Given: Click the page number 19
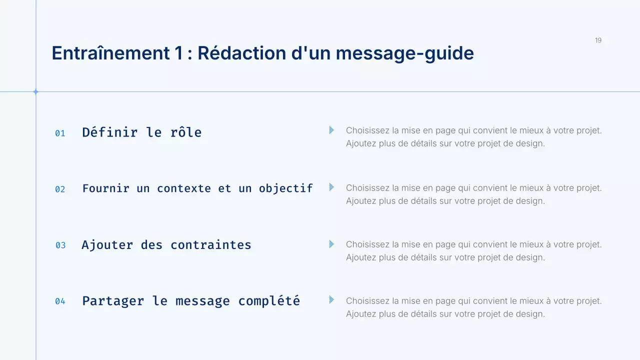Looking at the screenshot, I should [598, 40].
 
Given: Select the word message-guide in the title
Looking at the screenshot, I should [404, 53].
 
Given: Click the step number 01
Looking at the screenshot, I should [60, 133].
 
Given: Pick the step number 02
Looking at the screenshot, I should [60, 189].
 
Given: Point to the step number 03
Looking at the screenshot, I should [60, 245].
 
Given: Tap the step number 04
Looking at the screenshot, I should [60, 301].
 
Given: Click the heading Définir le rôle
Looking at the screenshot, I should [142, 132].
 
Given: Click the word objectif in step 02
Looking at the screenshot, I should [285, 188].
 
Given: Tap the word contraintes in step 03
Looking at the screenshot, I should [211, 245].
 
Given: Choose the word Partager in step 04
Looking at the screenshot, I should [112, 301].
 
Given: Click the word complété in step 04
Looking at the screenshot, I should [269, 301].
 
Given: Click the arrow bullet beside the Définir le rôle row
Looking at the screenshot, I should [331, 130].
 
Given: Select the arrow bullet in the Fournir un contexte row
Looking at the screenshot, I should [331, 187].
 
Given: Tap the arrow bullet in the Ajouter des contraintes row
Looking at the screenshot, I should [331, 244].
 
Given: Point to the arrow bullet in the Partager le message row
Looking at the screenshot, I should [331, 300].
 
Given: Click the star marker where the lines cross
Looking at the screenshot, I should [36, 91].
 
